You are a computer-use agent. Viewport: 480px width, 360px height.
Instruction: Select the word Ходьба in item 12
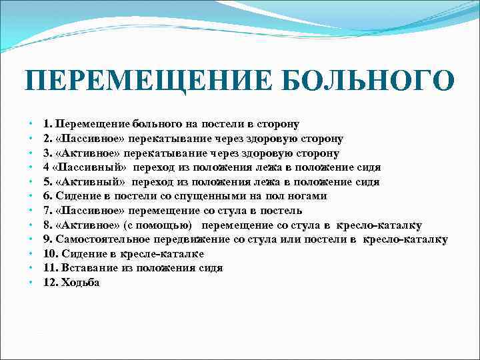[x=80, y=283]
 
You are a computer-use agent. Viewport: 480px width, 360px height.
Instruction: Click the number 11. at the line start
[x=51, y=268]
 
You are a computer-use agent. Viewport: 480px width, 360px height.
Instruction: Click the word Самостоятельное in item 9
[x=103, y=239]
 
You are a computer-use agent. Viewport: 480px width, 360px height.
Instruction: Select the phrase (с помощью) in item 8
[x=161, y=225]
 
